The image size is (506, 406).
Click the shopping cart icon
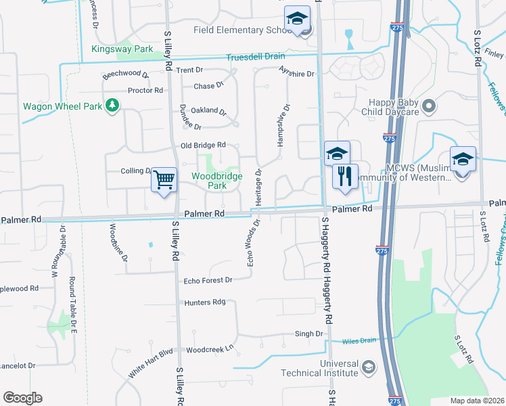pyautogui.click(x=164, y=180)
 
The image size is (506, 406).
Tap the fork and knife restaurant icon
pyautogui.click(x=345, y=177)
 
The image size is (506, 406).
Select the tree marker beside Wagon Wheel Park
pyautogui.click(x=112, y=106)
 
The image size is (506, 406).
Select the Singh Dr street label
pyautogui.click(x=308, y=334)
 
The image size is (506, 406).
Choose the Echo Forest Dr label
pyautogui.click(x=208, y=280)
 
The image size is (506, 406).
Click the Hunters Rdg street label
pyautogui.click(x=204, y=303)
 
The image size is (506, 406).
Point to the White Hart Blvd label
pyautogui.click(x=151, y=364)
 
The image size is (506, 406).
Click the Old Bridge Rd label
pyautogui.click(x=203, y=145)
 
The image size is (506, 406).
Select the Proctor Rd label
pyautogui.click(x=145, y=91)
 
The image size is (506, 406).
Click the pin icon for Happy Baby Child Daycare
pyautogui.click(x=428, y=106)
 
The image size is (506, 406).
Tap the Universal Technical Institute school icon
pyautogui.click(x=369, y=367)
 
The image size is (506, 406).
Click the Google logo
pyautogui.click(x=22, y=398)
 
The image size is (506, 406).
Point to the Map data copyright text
pyautogui.click(x=476, y=401)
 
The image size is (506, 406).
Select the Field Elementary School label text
pyautogui.click(x=242, y=30)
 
